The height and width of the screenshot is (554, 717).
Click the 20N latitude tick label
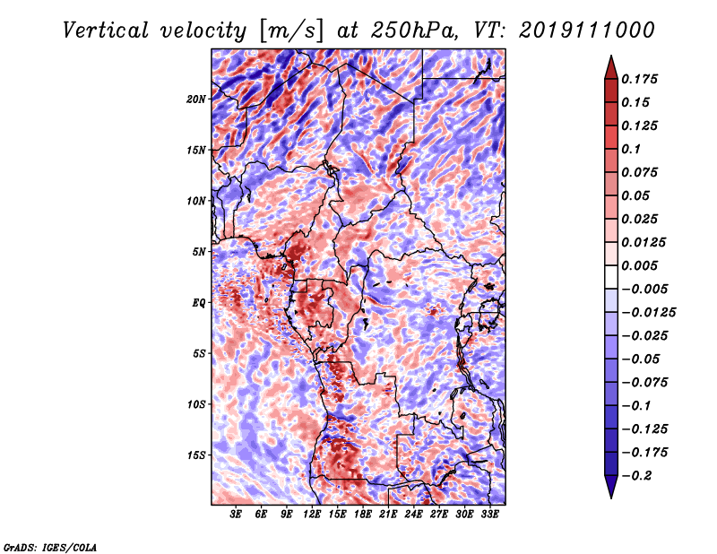(196, 100)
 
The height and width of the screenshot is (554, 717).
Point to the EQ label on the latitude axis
(198, 303)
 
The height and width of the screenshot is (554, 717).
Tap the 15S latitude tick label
(196, 455)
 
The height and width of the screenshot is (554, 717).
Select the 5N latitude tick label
(199, 252)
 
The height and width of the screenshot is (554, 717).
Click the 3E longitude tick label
(236, 515)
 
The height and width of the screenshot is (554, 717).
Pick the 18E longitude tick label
(363, 515)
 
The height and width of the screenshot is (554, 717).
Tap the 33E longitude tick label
(489, 515)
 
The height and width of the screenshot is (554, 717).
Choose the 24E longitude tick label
(413, 515)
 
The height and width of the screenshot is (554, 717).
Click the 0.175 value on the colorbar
(639, 79)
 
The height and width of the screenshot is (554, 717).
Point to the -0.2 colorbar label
(636, 476)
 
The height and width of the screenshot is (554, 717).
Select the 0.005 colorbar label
(639, 265)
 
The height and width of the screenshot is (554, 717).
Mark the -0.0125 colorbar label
(648, 313)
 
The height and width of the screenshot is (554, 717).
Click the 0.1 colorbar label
(631, 149)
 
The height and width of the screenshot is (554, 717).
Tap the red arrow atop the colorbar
(611, 67)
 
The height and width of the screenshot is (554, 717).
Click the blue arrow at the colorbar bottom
(611, 487)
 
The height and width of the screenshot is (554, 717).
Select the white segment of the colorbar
(611, 277)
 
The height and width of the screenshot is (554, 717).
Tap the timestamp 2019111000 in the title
(587, 30)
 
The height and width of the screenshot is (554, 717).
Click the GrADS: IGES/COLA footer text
(50, 547)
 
